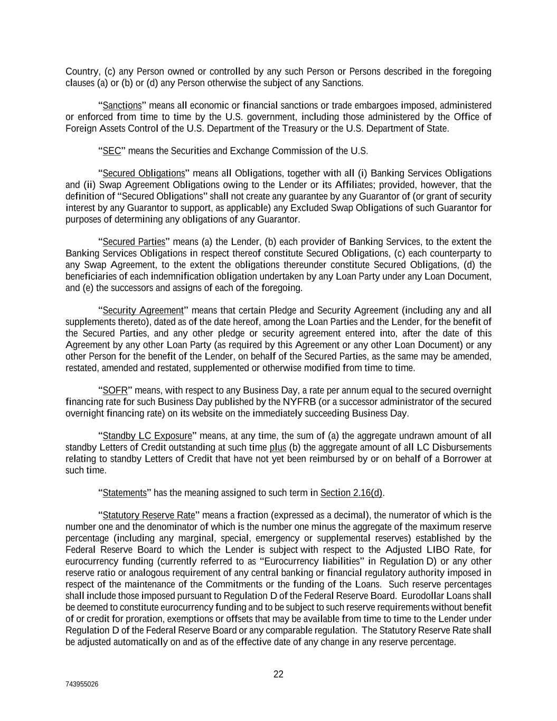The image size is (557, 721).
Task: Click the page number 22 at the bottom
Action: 278,674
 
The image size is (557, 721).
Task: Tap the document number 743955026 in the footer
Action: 82,684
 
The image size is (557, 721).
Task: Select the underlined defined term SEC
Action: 112,151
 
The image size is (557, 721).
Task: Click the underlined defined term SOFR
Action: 115,390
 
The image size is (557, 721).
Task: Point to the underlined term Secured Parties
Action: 134,242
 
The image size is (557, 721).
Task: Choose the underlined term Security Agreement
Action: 143,310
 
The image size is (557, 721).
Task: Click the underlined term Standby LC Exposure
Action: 147,436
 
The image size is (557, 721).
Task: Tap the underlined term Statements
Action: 124,493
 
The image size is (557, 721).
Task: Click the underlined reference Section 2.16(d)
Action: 351,493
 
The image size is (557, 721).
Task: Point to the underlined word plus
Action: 278,447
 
